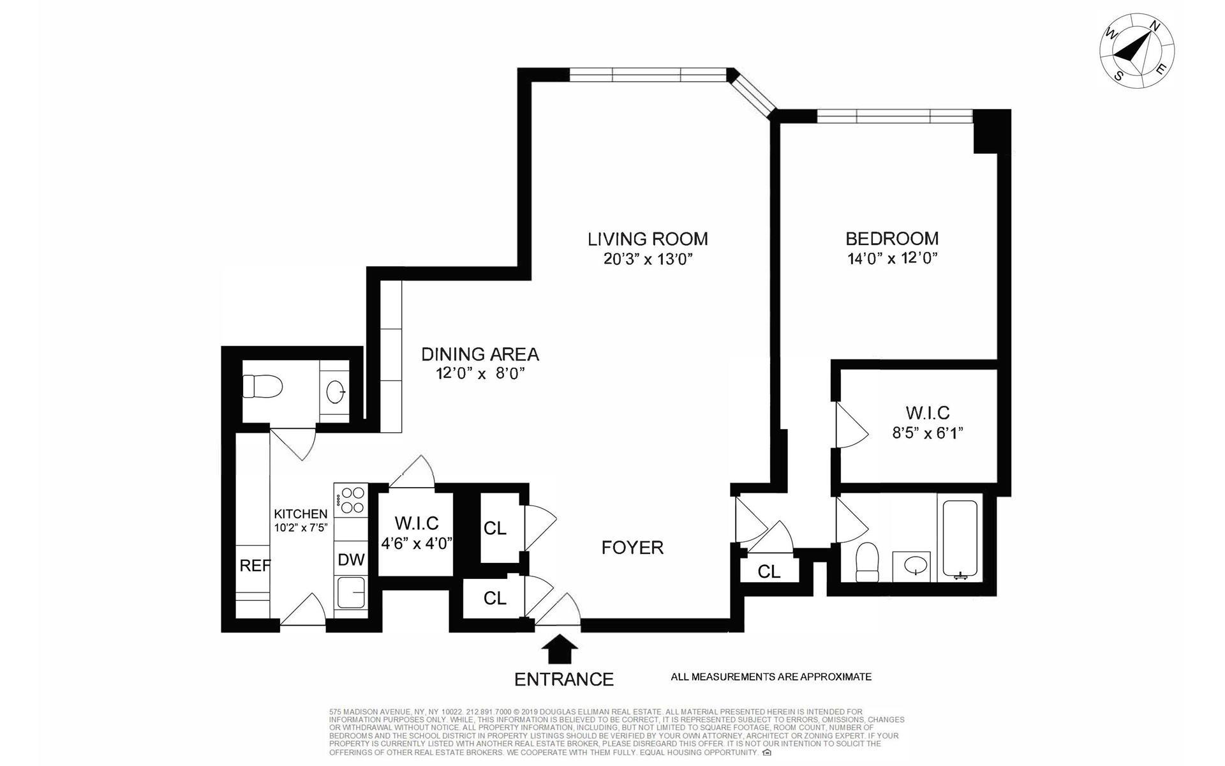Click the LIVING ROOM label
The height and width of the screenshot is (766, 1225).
pos(648,239)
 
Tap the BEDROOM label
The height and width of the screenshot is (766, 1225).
pos(892,239)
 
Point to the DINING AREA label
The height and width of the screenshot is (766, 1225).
pos(480,354)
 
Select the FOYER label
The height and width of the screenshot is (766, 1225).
pos(632,548)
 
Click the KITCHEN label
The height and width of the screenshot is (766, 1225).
pos(301,514)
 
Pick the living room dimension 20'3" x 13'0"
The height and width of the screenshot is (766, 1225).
pos(648,259)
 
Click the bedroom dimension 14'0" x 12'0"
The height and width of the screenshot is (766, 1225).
pos(892,259)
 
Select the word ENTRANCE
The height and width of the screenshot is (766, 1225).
pos(564,679)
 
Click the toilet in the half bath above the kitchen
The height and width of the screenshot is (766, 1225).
pos(262,386)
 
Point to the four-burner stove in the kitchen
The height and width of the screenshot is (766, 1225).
pos(350,499)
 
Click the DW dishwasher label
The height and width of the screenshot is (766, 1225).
pos(351,560)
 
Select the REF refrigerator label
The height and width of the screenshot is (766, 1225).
pos(255,565)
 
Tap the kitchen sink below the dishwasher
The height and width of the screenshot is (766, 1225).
pos(351,592)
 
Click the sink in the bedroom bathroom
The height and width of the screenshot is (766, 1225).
pos(916,565)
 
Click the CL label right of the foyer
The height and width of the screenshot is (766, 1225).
pos(769,572)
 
